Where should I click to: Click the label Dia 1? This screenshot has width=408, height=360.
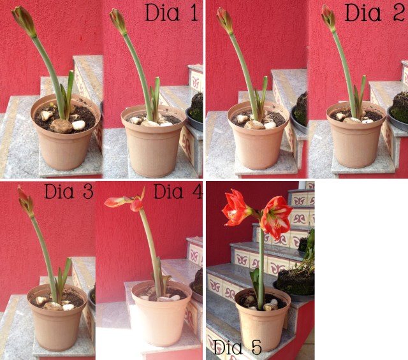[171, 12]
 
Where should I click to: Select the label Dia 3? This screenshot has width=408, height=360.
[69, 191]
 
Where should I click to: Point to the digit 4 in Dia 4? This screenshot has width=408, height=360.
[197, 191]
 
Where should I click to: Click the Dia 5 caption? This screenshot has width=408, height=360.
[237, 347]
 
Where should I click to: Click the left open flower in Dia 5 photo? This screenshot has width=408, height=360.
[237, 207]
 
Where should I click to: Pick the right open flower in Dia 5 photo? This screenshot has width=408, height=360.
[276, 217]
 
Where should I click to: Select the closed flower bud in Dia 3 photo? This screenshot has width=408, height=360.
[25, 201]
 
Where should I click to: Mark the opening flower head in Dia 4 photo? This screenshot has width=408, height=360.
[126, 200]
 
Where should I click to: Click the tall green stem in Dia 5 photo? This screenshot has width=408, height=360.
[261, 265]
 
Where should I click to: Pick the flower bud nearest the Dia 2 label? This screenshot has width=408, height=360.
[328, 18]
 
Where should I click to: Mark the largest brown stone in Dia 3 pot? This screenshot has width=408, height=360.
[52, 306]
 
